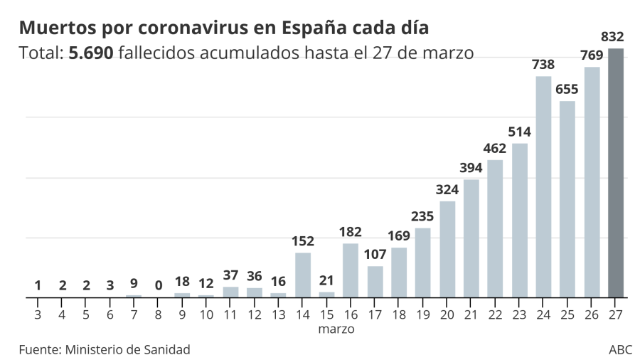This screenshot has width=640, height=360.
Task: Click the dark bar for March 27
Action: point(616,173)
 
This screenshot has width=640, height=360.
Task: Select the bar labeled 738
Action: point(543,186)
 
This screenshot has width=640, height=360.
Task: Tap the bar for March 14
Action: point(303,275)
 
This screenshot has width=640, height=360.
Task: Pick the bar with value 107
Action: point(375,282)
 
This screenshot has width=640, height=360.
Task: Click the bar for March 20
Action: point(447,249)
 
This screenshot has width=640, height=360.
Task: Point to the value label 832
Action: point(612,37)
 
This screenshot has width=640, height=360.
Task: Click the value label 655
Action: point(567,90)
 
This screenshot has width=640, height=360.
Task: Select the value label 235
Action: point(423,217)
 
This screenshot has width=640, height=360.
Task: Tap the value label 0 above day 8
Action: point(158,285)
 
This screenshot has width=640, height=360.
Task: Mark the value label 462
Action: point(495,149)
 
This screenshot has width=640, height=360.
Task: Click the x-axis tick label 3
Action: point(38,314)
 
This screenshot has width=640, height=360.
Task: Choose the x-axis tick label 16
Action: point(351,314)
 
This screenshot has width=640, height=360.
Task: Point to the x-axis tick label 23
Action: point(519,314)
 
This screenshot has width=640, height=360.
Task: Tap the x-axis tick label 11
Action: point(230,314)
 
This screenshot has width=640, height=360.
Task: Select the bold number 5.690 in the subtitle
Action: point(91,53)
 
